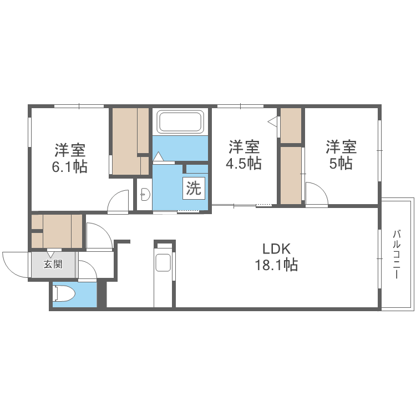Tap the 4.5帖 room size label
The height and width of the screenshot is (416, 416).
coord(245,164)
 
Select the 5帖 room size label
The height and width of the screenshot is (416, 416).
coord(341,163)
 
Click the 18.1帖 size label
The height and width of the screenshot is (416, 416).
coord(276,265)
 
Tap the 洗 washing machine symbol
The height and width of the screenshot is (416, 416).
coord(194,189)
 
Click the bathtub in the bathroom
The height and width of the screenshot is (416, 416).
coord(181,121)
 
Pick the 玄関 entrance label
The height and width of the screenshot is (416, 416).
coord(53,264)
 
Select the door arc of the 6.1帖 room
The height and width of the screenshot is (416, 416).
coord(118,201)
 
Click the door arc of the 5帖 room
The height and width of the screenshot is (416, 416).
coord(316,194)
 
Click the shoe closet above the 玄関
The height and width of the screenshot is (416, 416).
coord(57,230)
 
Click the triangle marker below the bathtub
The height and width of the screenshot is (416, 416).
coord(158,158)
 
